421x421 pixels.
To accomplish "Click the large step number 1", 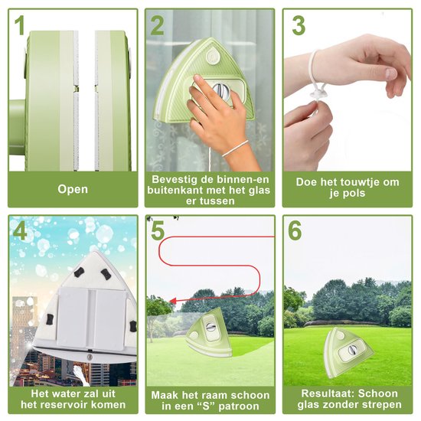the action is (20, 25).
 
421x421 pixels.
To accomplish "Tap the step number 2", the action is (158, 25).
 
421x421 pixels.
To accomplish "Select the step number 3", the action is (299, 25).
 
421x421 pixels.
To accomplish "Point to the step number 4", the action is (20, 230).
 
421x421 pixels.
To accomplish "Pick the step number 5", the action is (158, 230).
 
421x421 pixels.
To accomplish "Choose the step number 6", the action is (295, 230).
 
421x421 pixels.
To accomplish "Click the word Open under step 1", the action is (73, 189).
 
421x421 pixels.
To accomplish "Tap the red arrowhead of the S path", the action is (173, 301).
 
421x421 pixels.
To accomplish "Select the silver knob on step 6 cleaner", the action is (352, 350).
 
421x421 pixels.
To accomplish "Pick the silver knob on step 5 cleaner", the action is (209, 328).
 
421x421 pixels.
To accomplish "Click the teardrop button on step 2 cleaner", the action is (212, 57).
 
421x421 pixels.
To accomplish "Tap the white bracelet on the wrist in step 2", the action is (236, 148).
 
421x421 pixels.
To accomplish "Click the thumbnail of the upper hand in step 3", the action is (390, 73).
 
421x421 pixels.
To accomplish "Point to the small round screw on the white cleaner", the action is (90, 357).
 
